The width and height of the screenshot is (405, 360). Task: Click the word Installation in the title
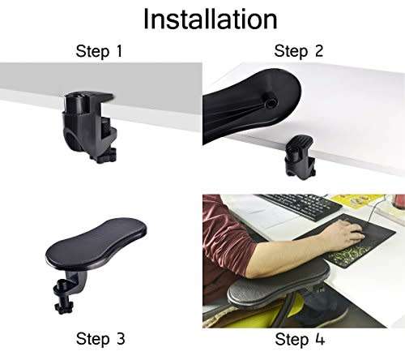pos(210,19)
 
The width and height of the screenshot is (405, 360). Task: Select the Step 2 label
pos(299,53)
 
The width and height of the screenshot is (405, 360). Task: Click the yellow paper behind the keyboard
pos(356,199)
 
